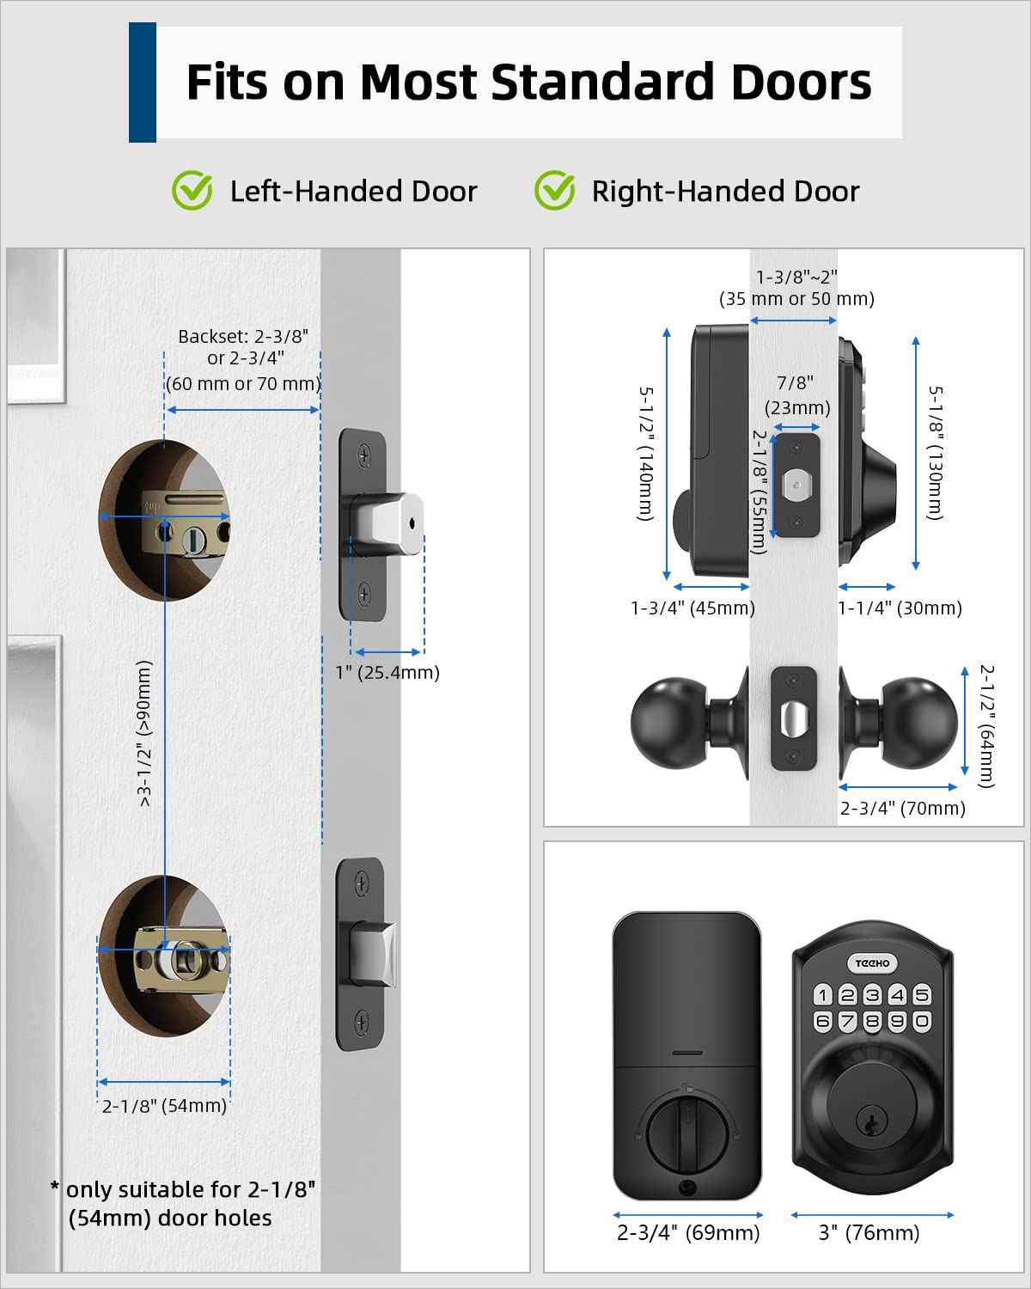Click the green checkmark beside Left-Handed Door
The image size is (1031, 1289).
pyautogui.click(x=192, y=190)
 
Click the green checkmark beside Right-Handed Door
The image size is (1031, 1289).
pyautogui.click(x=554, y=190)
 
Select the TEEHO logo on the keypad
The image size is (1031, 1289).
pyautogui.click(x=872, y=963)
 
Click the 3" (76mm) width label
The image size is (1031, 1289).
pyautogui.click(x=869, y=1233)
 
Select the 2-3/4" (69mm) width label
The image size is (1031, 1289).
pyautogui.click(x=688, y=1233)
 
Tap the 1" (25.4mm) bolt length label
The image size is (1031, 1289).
pyautogui.click(x=387, y=673)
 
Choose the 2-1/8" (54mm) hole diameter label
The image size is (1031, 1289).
pyautogui.click(x=164, y=1106)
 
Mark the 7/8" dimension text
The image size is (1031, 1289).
pyautogui.click(x=796, y=383)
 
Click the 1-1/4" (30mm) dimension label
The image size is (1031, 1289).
pyautogui.click(x=900, y=608)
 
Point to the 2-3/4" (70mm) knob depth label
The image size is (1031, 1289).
pyautogui.click(x=902, y=808)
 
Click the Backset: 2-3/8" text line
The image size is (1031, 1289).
pyautogui.click(x=243, y=336)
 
